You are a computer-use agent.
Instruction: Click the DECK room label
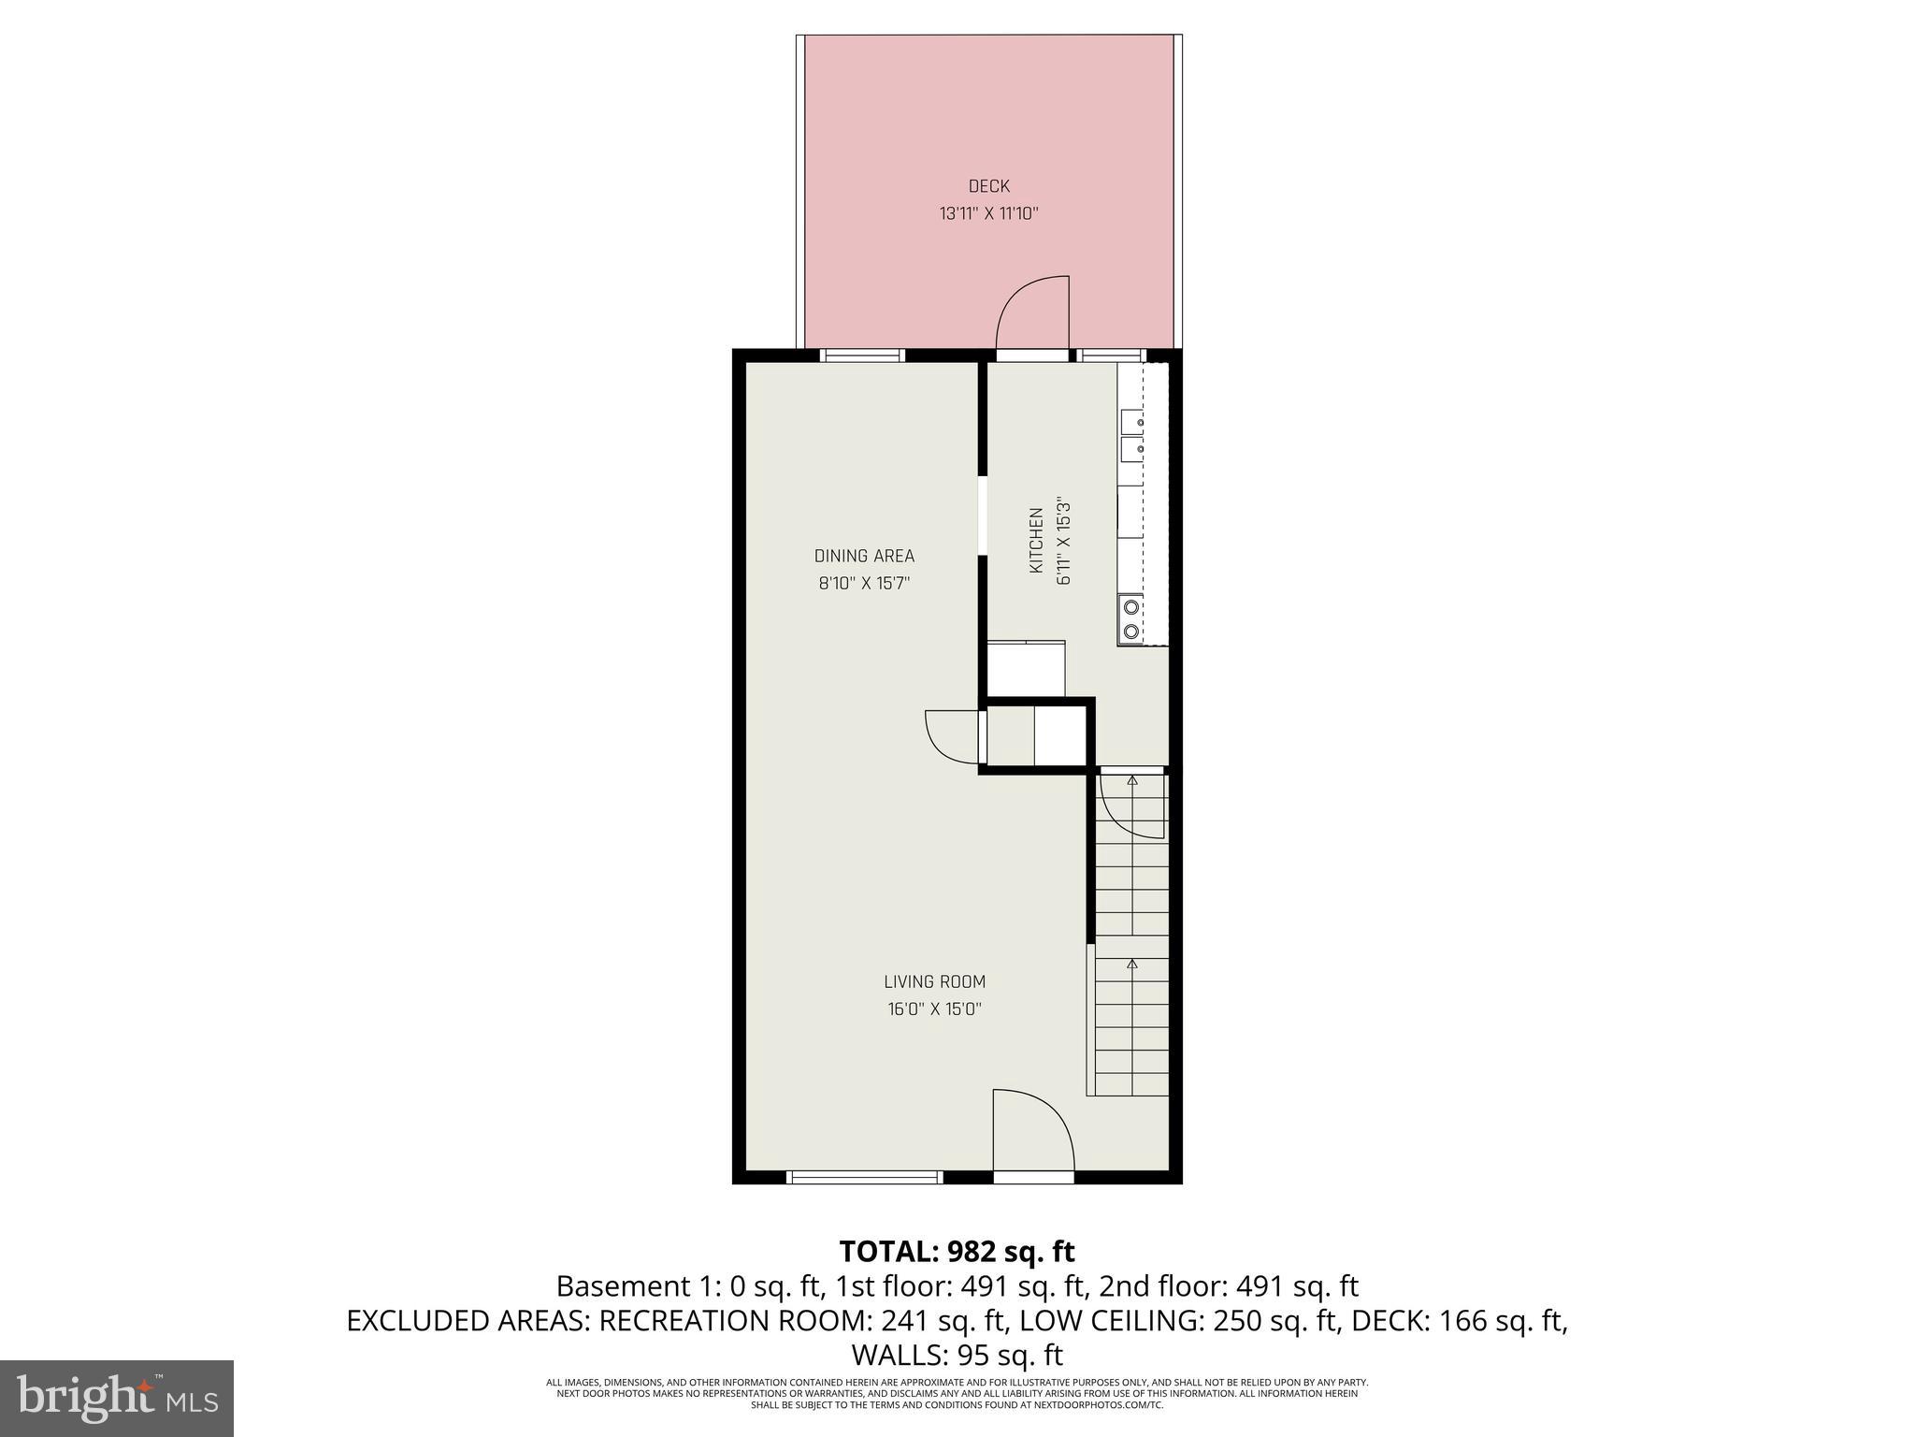[988, 186]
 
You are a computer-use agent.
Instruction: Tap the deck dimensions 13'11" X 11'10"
[988, 214]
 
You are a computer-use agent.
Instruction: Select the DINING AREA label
[864, 556]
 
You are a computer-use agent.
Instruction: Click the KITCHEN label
[1036, 541]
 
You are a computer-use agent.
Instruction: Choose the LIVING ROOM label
[934, 981]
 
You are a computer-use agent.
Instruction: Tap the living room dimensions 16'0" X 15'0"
[934, 1009]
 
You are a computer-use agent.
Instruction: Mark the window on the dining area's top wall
[862, 356]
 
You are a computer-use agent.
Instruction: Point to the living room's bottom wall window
[863, 1177]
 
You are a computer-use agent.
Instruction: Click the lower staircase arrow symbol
[1132, 964]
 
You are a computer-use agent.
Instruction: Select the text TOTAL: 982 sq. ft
[957, 1251]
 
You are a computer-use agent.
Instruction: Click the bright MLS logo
[117, 1397]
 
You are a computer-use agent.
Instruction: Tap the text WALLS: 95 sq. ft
[957, 1355]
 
